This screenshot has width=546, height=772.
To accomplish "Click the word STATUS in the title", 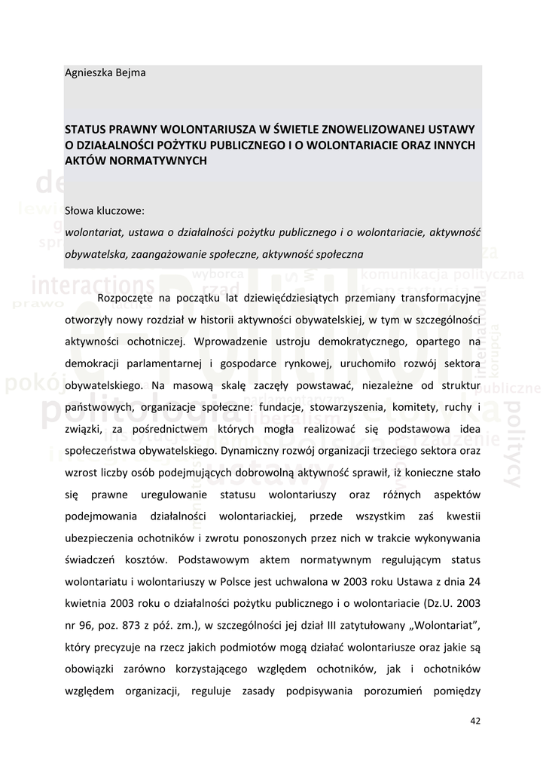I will click(87, 129).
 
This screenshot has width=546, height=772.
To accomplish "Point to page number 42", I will click(474, 721).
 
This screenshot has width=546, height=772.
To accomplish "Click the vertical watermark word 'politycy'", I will click(514, 445).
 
